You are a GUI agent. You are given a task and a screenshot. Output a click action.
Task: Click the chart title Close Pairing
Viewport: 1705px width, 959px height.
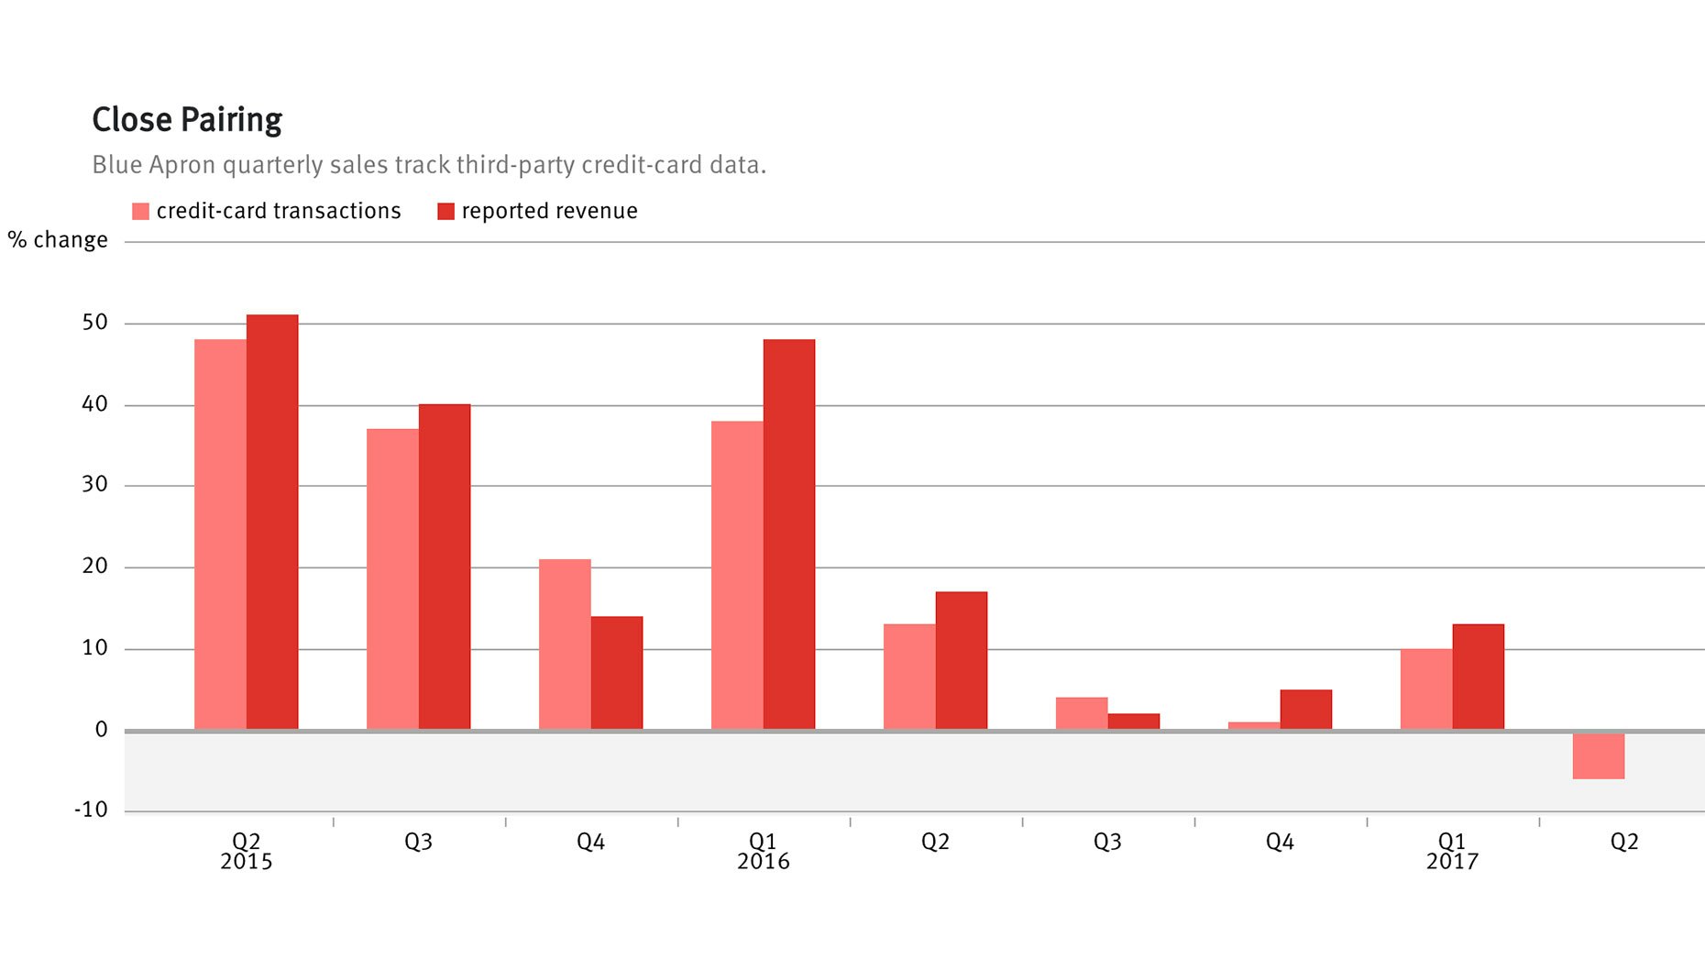coord(187,120)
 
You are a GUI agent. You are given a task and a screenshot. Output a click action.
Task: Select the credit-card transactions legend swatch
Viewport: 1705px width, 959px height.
coord(140,212)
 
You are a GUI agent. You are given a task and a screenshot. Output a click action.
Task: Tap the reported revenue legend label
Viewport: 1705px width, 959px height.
coord(549,211)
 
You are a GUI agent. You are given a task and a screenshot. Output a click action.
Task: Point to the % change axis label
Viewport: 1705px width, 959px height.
coord(58,240)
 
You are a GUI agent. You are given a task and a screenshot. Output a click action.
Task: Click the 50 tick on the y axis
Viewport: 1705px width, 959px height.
coord(95,323)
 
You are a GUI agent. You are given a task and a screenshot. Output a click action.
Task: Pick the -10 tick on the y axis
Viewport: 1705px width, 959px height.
coord(92,810)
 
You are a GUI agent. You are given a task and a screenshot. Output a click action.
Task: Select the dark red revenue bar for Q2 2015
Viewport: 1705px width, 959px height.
coord(272,523)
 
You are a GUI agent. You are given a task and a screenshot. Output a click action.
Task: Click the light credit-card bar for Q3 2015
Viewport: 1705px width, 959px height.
coord(392,579)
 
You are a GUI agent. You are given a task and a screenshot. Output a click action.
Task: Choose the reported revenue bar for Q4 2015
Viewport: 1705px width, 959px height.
coord(617,673)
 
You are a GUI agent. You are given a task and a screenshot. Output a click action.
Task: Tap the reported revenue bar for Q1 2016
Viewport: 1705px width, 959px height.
coord(788,535)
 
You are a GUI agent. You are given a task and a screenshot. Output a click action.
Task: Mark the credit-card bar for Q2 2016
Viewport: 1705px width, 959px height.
coord(909,677)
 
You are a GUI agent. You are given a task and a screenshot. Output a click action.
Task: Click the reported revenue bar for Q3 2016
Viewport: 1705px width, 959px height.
coord(1133,722)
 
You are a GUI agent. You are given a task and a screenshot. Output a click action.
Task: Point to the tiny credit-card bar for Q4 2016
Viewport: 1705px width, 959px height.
coord(1254,726)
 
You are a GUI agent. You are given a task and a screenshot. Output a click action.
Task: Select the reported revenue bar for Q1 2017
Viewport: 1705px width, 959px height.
coord(1478,677)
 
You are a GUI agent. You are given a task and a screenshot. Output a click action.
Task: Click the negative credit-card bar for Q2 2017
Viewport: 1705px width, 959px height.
coord(1598,755)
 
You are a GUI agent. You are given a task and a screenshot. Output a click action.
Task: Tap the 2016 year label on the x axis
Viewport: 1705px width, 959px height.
coord(763,862)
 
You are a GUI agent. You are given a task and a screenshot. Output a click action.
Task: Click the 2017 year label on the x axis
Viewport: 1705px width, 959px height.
coord(1452,862)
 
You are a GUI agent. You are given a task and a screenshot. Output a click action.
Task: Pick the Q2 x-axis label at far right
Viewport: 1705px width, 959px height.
coord(1623,842)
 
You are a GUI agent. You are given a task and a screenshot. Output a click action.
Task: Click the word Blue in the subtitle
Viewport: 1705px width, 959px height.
coord(116,165)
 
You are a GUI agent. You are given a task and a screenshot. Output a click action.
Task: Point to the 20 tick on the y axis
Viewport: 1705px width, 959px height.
coord(95,567)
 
